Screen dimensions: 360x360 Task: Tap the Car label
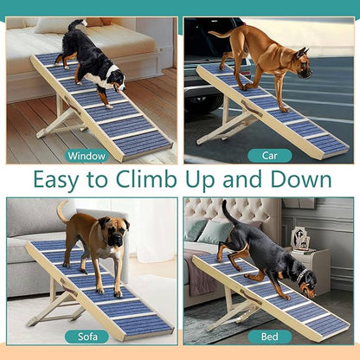[x=269, y=156]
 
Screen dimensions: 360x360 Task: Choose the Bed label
[x=269, y=336]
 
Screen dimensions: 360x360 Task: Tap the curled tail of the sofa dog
[x=61, y=209]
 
